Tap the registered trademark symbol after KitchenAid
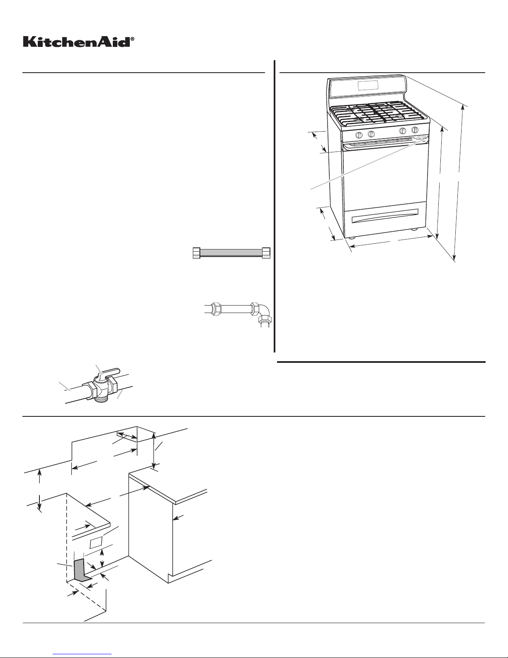(x=132, y=39)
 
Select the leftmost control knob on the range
(x=360, y=135)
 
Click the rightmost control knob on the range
(x=415, y=130)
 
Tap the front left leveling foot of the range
(x=351, y=238)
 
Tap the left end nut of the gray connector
(x=197, y=253)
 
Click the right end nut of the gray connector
(x=266, y=253)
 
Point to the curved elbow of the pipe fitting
(x=262, y=311)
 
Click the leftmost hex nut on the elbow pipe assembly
(x=216, y=308)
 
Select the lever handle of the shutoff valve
(x=108, y=372)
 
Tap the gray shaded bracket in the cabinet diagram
(x=81, y=570)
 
